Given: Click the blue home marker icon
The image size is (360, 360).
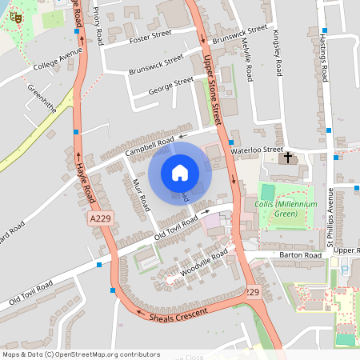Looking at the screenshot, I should coord(179,173).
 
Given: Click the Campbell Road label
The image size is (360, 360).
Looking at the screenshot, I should coord(150,146).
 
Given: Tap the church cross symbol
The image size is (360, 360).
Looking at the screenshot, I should coord(288,158).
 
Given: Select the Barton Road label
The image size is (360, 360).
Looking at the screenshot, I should coord(300,254).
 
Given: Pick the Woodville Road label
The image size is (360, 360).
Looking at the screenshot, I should coord(203,263).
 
